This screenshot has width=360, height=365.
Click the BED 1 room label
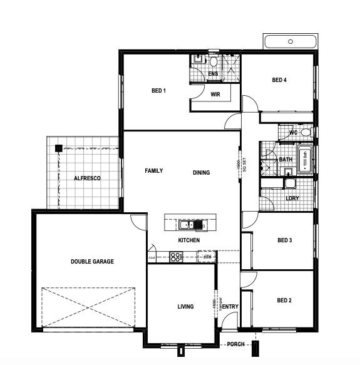point(158,91)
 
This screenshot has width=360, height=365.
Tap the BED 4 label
point(279,80)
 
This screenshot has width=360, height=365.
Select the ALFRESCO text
point(88,178)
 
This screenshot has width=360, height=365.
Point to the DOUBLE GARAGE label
point(92,261)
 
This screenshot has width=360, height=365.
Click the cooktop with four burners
point(176,255)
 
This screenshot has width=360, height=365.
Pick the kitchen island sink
point(187,224)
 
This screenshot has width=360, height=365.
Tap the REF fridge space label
point(205,256)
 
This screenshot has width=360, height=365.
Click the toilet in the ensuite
point(213,61)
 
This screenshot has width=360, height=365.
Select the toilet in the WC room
point(305,132)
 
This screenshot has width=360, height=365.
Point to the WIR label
point(215,95)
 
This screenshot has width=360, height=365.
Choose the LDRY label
point(292,198)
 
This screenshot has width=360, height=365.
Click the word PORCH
point(235,344)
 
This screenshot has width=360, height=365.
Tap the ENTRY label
point(230,306)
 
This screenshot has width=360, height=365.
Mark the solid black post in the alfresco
point(58,148)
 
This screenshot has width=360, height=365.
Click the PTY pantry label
point(152,257)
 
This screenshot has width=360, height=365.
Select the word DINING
point(201,172)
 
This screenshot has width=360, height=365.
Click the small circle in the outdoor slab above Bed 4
point(291,41)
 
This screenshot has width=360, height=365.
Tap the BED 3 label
point(284,240)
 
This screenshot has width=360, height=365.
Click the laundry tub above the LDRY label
point(289,183)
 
